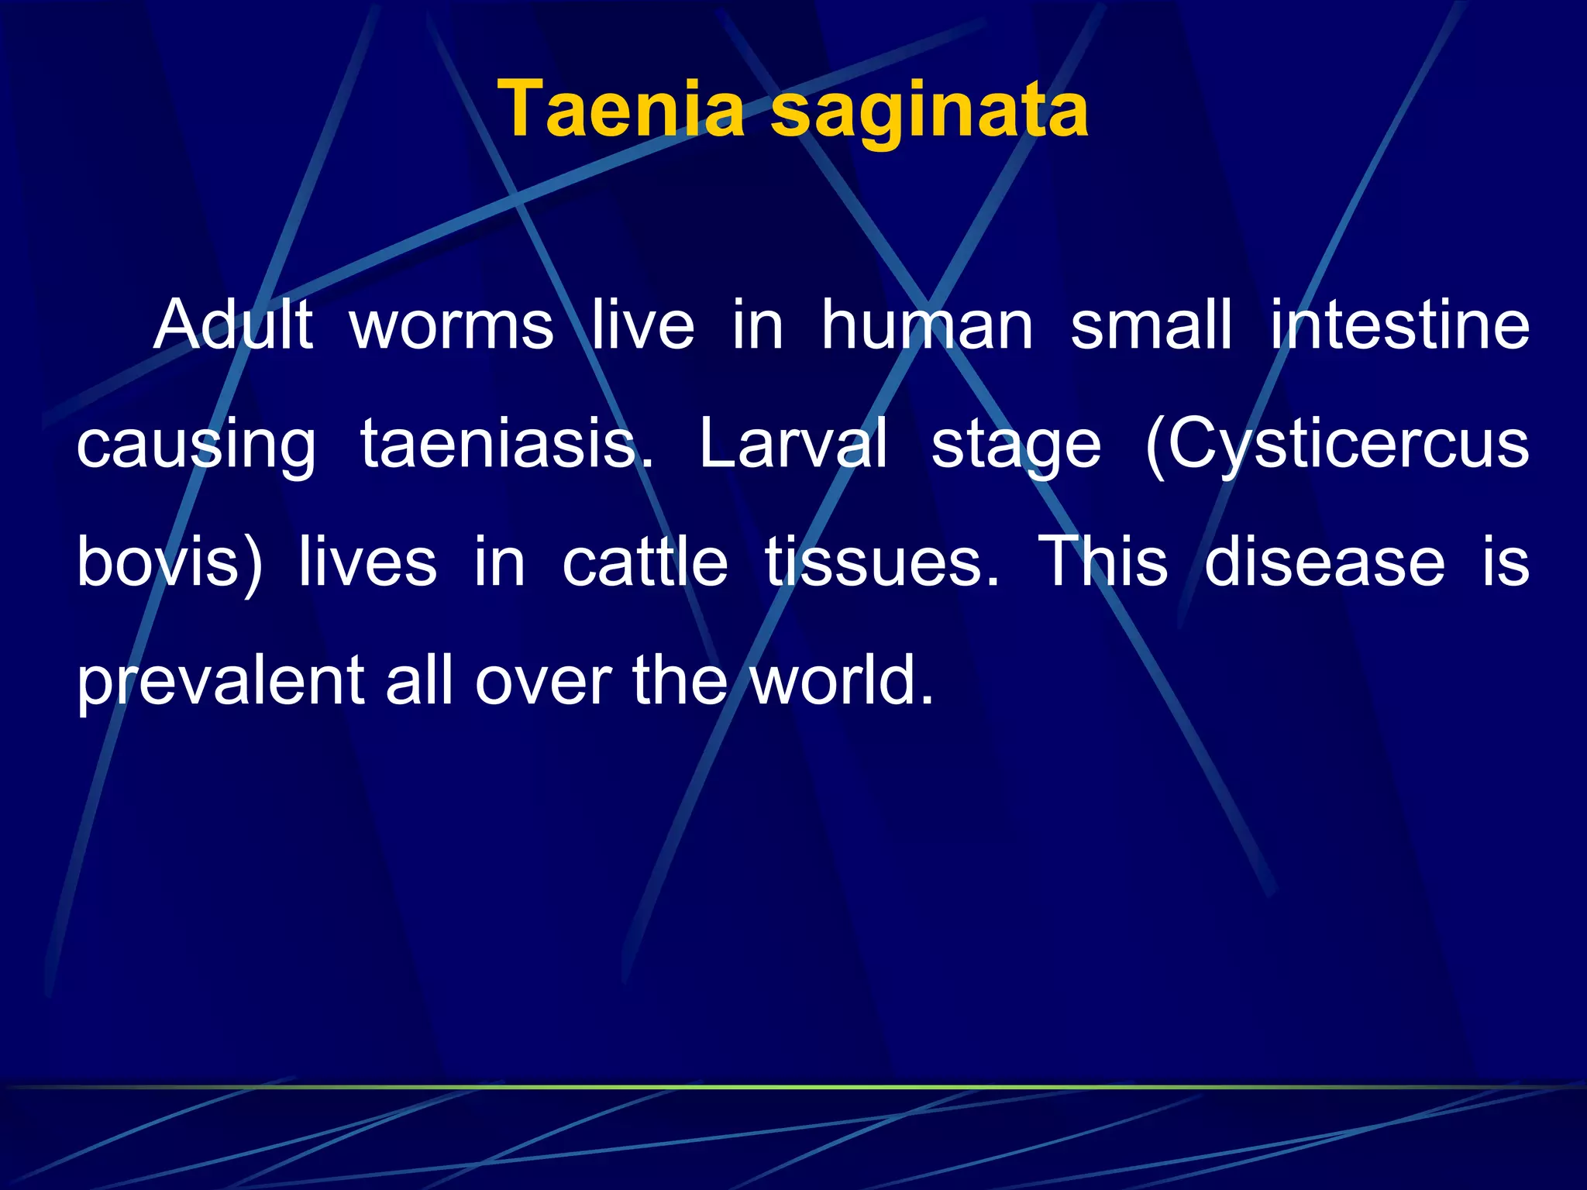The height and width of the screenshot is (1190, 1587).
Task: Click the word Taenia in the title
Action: click(620, 110)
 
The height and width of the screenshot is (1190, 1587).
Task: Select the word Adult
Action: click(233, 325)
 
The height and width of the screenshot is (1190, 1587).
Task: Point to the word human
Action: click(927, 325)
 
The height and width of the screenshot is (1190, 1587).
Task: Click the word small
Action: click(1151, 325)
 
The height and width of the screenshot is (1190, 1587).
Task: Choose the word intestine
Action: click(1399, 325)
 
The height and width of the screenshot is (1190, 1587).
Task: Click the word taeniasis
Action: click(507, 444)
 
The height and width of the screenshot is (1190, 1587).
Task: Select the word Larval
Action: click(793, 444)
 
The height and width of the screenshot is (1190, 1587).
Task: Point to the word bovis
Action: click(158, 562)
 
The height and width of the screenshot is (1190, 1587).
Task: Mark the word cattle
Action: click(645, 562)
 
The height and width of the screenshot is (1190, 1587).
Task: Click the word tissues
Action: click(881, 562)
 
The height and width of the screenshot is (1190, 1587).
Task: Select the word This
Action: click(1103, 562)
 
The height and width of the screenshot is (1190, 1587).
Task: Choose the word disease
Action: click(1324, 562)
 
